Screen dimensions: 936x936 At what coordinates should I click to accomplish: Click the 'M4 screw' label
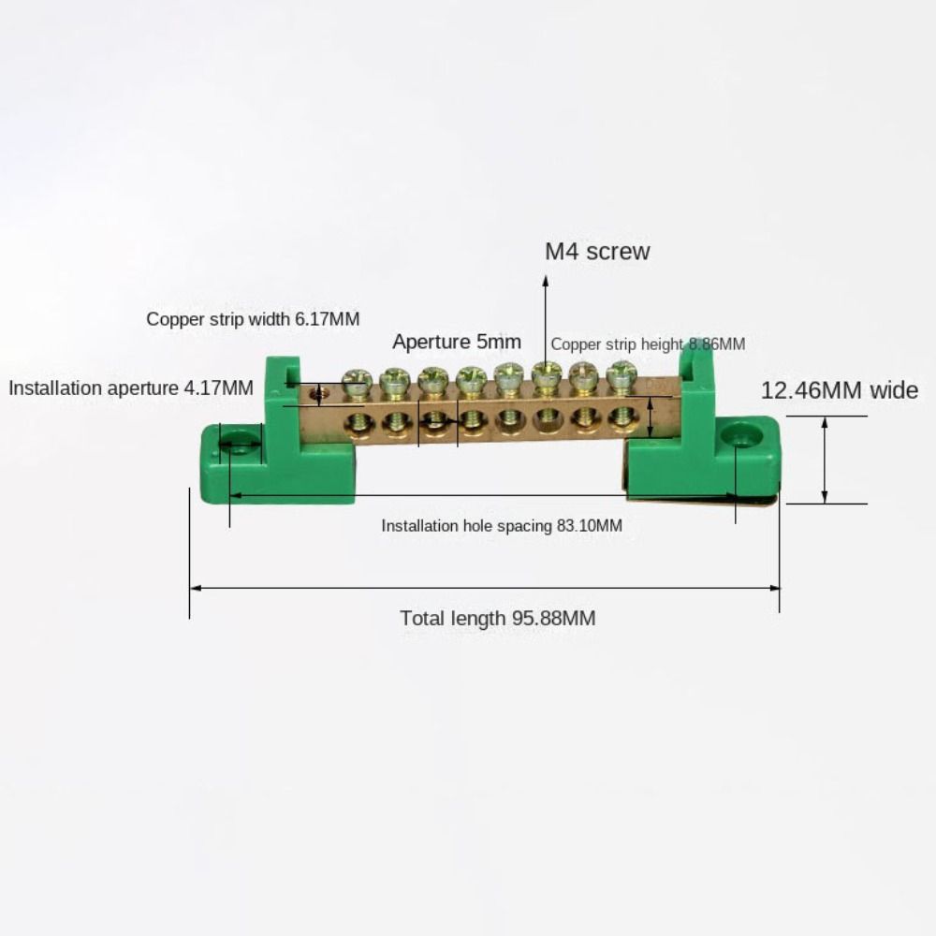pos(597,251)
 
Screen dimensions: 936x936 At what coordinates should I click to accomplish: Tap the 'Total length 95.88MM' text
pos(497,618)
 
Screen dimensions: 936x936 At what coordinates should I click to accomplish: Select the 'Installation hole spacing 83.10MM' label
pos(501,526)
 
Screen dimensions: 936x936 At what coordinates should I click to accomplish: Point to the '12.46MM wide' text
pos(839,390)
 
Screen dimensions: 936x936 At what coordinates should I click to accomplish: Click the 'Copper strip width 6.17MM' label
pos(253,319)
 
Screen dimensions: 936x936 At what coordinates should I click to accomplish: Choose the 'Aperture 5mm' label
pos(457,342)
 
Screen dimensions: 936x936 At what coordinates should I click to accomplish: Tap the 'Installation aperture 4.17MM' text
pos(131,388)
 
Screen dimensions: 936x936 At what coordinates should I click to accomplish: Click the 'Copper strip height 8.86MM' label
pos(648,344)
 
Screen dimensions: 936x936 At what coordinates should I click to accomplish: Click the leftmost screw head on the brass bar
pos(358,380)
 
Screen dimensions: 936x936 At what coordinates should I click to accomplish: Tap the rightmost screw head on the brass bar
pos(621,374)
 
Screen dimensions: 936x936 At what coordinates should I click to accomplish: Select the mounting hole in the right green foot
pos(741,434)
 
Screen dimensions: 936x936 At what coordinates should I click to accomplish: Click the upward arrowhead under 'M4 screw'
pos(546,278)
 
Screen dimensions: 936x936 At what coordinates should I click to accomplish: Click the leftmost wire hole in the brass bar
pos(358,424)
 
